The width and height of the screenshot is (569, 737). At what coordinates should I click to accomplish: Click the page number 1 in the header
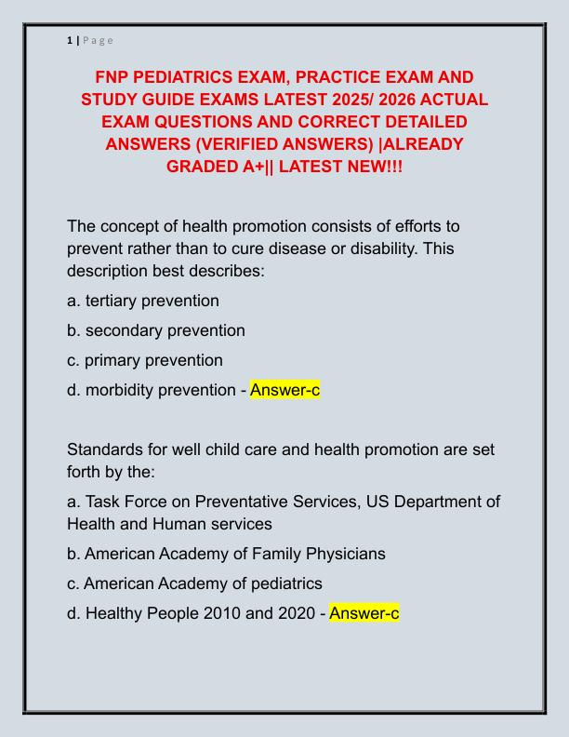point(70,40)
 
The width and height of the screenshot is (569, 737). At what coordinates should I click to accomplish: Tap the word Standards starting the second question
point(108,449)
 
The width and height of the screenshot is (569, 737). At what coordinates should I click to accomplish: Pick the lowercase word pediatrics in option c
point(284,583)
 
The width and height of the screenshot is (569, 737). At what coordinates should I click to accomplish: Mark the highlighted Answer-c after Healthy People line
point(364,613)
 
